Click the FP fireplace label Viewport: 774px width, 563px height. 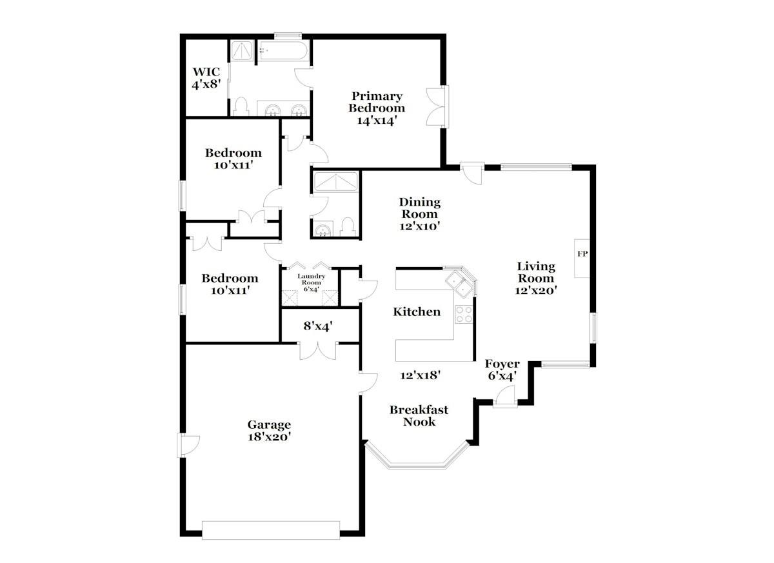[x=582, y=253]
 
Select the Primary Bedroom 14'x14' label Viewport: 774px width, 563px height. [x=376, y=108]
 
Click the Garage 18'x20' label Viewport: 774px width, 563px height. [x=269, y=430]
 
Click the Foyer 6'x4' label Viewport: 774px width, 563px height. [x=502, y=370]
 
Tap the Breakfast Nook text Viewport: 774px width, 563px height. [x=419, y=416]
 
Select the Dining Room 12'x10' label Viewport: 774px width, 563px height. [x=419, y=214]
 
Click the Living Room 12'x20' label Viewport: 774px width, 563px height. [x=535, y=278]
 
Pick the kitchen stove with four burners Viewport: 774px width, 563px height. [x=464, y=314]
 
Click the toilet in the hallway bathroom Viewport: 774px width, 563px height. [x=348, y=227]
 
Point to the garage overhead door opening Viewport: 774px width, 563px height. [x=270, y=530]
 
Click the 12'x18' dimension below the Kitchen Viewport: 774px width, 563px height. [x=420, y=375]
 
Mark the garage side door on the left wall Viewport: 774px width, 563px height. [x=187, y=444]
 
